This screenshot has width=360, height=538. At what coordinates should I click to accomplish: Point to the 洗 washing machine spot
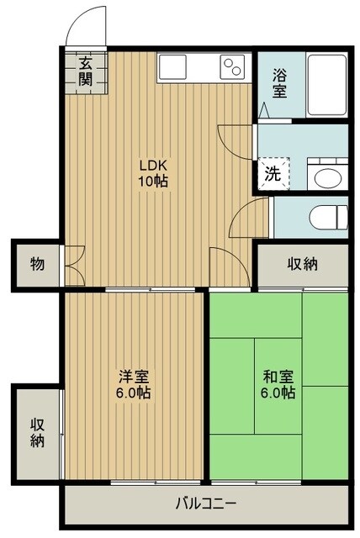[x=273, y=174]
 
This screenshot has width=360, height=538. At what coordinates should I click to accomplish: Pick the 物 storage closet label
[x=37, y=264]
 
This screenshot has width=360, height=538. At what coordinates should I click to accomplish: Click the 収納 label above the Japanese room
[x=303, y=264]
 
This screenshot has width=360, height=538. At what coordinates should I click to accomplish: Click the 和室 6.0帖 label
[x=277, y=385]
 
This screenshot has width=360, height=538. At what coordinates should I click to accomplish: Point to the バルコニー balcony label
[x=204, y=504]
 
